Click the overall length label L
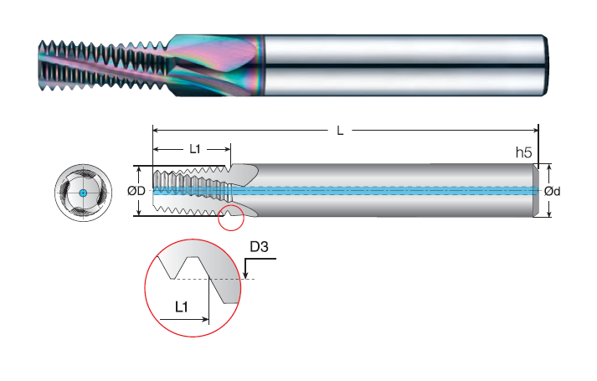(x=340, y=131)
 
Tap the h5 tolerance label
(x=523, y=152)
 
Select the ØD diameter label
(x=136, y=190)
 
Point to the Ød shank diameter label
(x=552, y=191)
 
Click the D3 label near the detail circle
(x=259, y=247)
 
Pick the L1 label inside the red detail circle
(x=181, y=306)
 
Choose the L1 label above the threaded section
(x=195, y=149)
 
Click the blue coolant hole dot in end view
(x=83, y=193)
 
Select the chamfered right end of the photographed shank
(x=545, y=65)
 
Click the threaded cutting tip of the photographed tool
(x=103, y=67)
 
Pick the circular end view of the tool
(x=83, y=193)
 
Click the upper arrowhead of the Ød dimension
(x=549, y=168)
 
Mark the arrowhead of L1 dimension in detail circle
(x=205, y=319)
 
